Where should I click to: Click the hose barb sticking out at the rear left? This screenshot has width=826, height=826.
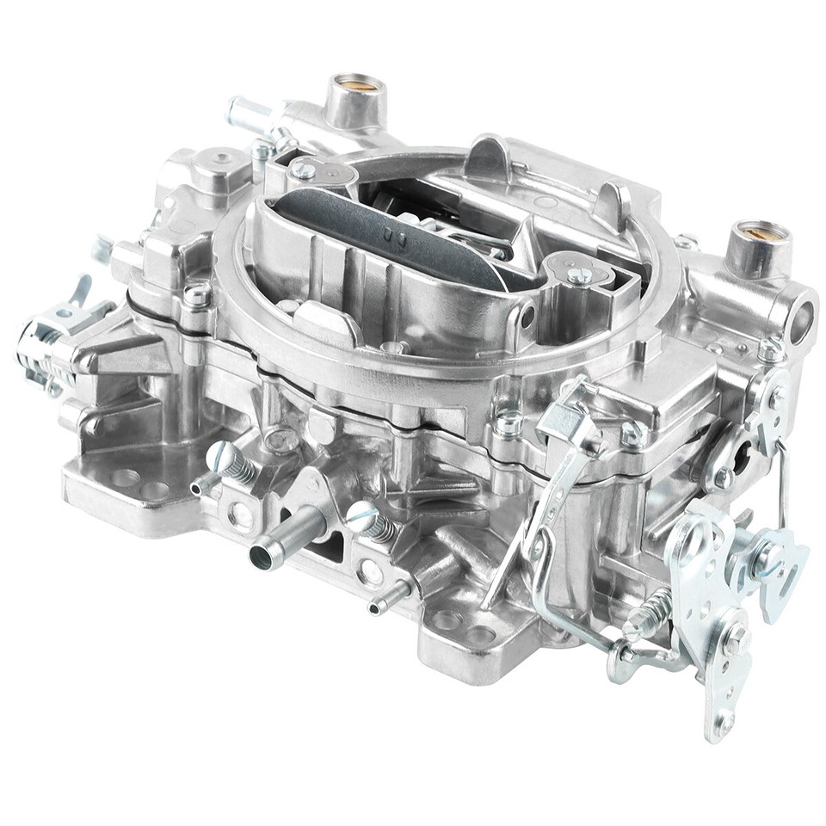click(x=245, y=113)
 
